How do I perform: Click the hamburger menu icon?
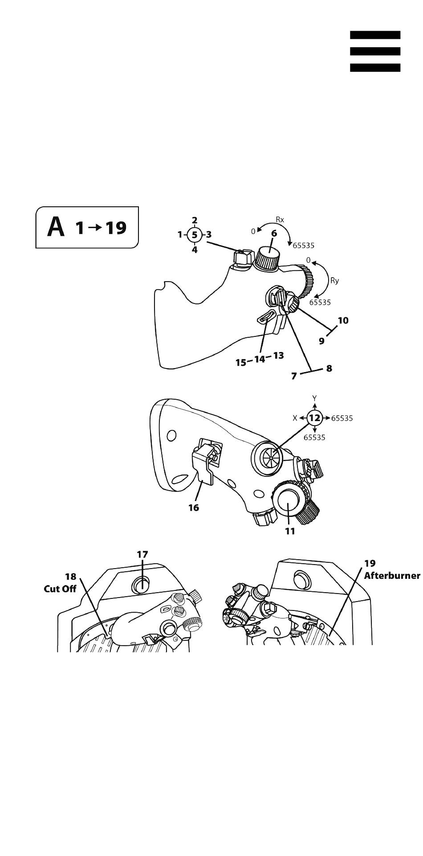375,51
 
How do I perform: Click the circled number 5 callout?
194,234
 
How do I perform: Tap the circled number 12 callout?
315,418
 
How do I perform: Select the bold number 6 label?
274,233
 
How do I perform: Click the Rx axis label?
280,220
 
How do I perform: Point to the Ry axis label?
334,281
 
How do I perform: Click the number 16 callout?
194,508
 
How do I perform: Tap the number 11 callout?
290,531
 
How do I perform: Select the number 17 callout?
142,554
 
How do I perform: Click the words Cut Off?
60,589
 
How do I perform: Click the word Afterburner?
392,575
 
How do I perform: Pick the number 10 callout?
343,320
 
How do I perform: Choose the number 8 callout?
329,369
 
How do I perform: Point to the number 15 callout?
241,363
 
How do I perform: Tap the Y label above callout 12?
314,398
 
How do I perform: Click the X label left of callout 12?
295,418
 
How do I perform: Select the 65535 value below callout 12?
314,437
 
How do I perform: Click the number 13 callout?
278,356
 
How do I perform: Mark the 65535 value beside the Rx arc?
304,245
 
